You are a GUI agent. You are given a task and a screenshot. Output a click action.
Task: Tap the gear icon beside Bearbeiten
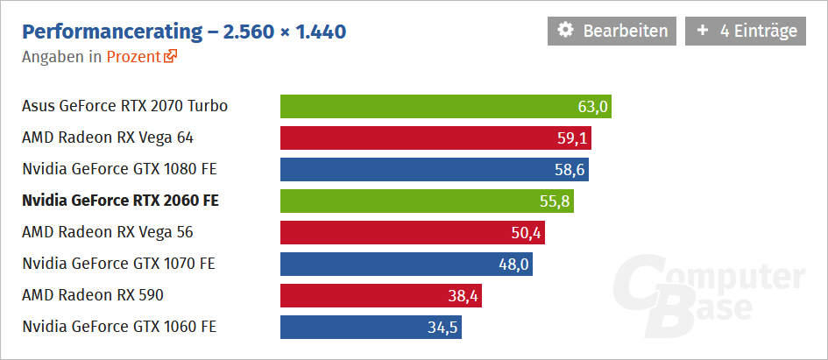point(566,31)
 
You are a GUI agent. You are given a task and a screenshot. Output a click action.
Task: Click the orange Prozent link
point(133,57)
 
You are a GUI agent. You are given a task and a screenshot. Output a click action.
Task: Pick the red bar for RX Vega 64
point(421,138)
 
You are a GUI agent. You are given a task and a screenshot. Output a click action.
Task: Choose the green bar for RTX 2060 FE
point(412,201)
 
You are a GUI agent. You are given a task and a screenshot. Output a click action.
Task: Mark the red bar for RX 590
point(368,296)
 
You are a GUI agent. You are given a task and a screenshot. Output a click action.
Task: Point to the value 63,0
point(592,107)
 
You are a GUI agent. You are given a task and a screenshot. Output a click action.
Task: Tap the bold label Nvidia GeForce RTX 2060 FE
point(120,201)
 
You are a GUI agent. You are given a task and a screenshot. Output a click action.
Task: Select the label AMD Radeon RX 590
point(93,295)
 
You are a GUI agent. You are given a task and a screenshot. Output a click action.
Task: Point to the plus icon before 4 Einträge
point(703,31)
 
